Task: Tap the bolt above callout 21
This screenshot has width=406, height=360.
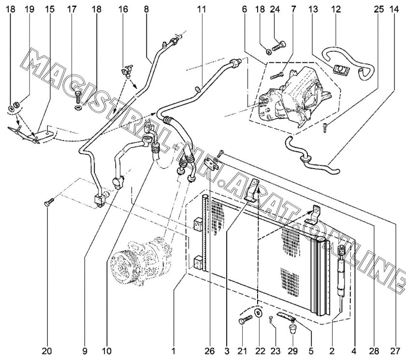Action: pyautogui.click(x=245, y=319)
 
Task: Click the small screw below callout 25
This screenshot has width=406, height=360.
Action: pyautogui.click(x=325, y=127)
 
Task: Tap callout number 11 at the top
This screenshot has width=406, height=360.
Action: pyautogui.click(x=202, y=9)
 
